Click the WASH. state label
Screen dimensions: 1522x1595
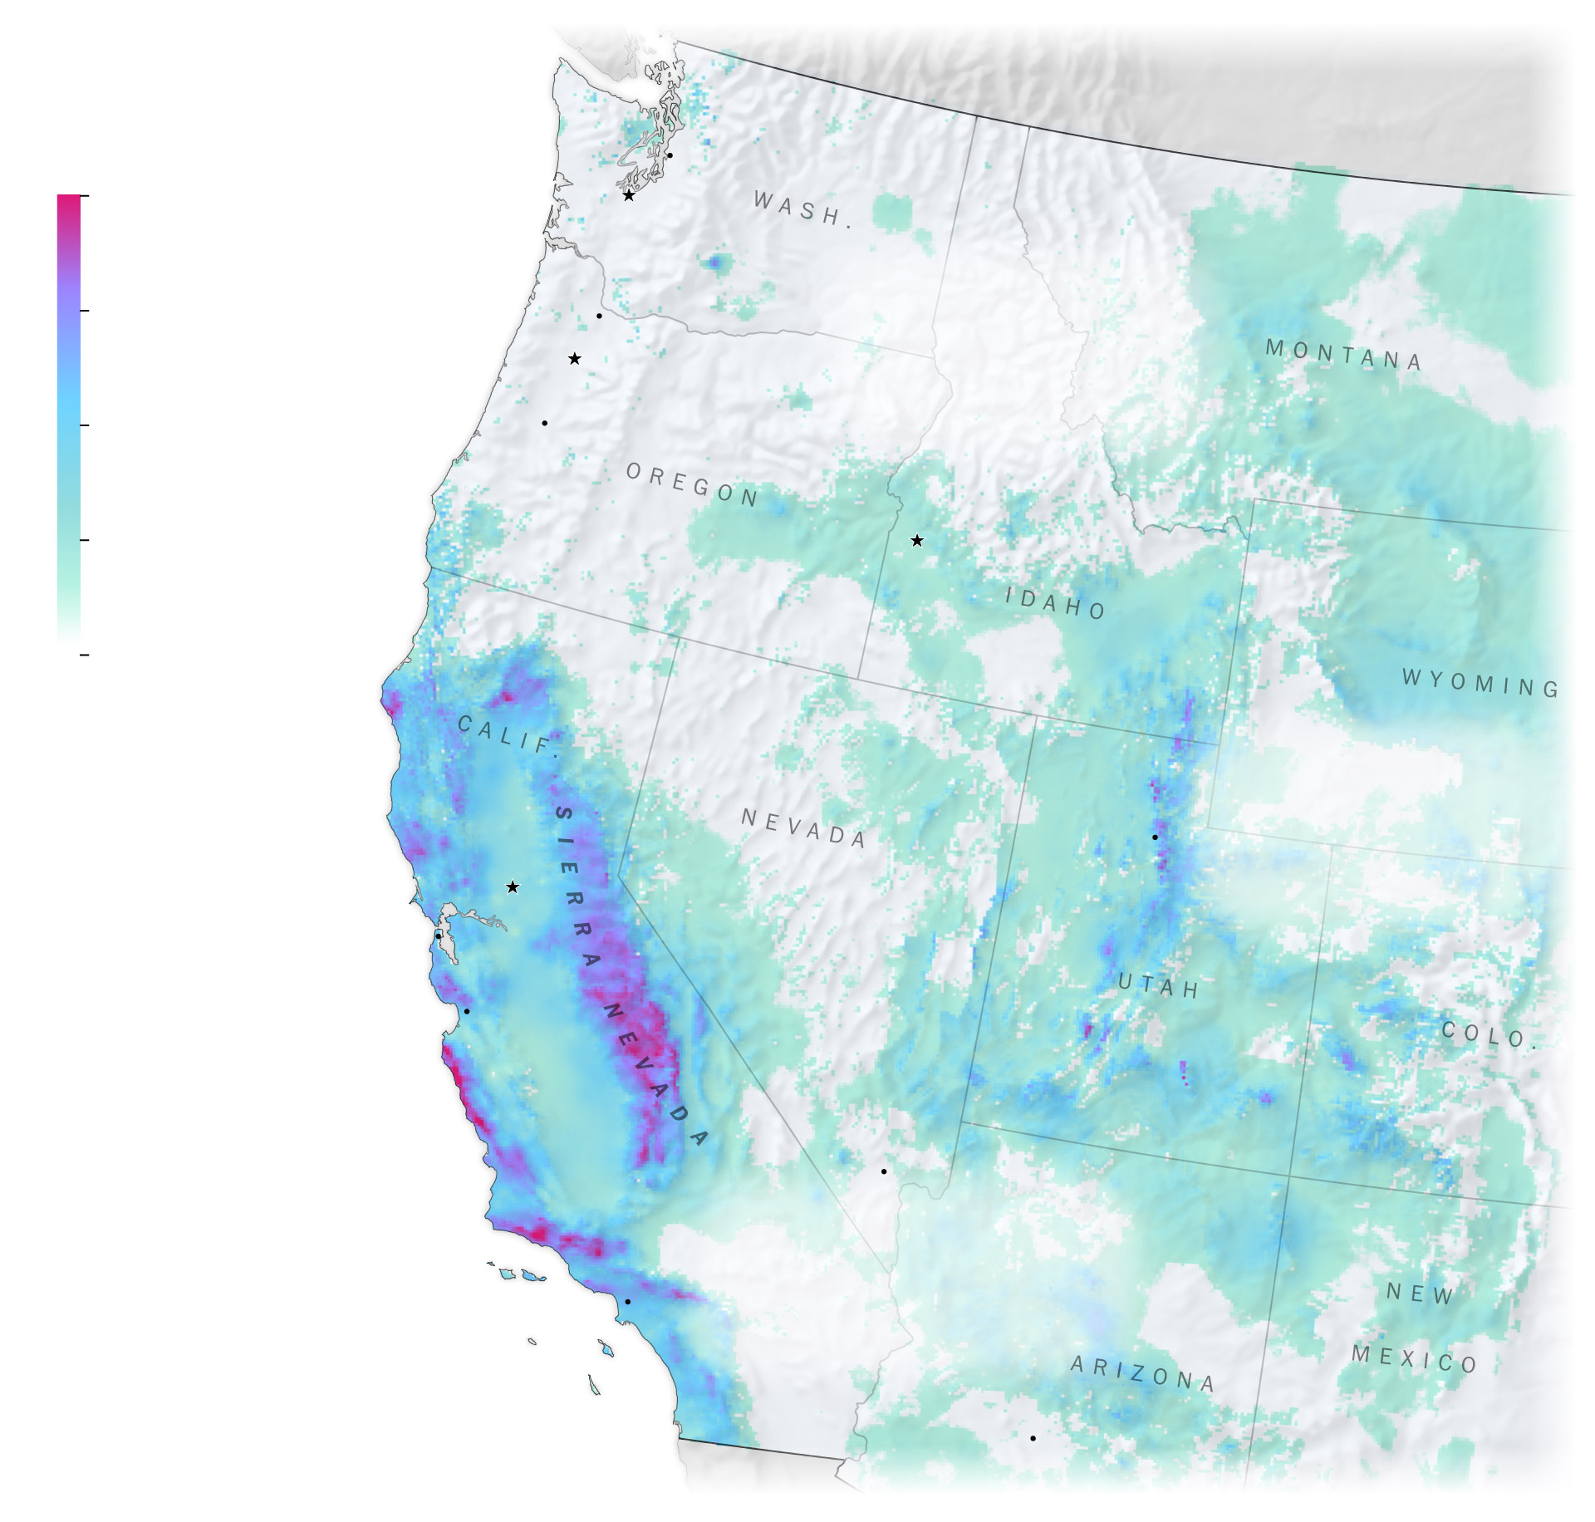point(802,209)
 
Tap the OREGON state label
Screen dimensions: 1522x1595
point(692,484)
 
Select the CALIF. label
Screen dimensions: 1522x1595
point(507,735)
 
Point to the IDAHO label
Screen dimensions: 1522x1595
point(1055,603)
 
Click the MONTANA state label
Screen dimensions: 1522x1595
point(1343,355)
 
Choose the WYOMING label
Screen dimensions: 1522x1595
point(1480,683)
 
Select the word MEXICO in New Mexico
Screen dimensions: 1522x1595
point(1414,1359)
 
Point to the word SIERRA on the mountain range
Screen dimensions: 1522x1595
point(576,885)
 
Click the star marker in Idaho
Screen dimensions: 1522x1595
point(917,541)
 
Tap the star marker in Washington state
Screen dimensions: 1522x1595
point(629,196)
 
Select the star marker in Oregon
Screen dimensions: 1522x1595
point(575,359)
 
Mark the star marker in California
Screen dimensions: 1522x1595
point(513,887)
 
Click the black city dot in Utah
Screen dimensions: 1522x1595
point(1155,837)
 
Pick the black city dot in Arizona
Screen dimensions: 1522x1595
point(1033,1438)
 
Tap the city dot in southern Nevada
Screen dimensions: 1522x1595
point(884,1171)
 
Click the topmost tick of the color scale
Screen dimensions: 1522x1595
point(84,196)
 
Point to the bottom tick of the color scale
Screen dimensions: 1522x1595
point(84,655)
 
